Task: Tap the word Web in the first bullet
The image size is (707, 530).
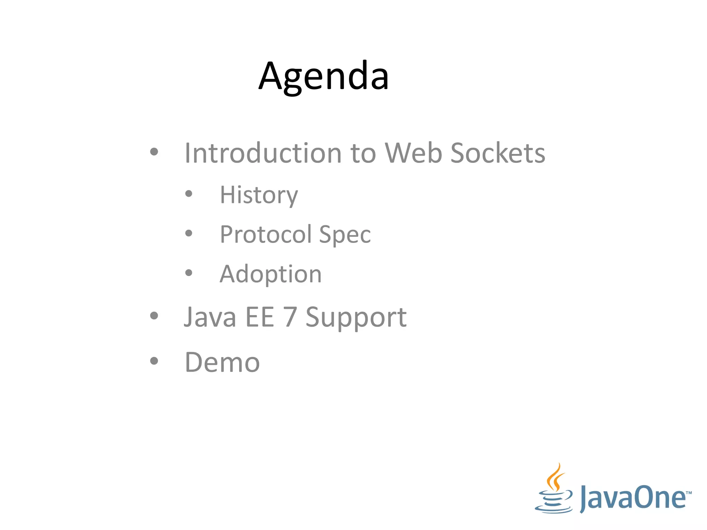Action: (x=413, y=153)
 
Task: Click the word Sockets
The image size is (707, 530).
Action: (x=498, y=153)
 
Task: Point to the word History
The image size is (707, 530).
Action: (x=259, y=195)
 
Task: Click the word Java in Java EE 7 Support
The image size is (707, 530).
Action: (x=210, y=317)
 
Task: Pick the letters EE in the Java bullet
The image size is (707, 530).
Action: (x=260, y=317)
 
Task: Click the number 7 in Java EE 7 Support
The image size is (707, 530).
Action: (x=290, y=317)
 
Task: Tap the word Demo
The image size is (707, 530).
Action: (x=222, y=362)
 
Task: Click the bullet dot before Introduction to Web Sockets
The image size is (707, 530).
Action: (x=154, y=151)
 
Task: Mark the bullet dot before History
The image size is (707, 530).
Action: (x=188, y=194)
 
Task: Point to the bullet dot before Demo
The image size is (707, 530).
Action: (x=154, y=361)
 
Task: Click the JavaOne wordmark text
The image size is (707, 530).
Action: (x=633, y=498)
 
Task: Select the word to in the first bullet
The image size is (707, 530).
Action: (x=363, y=153)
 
